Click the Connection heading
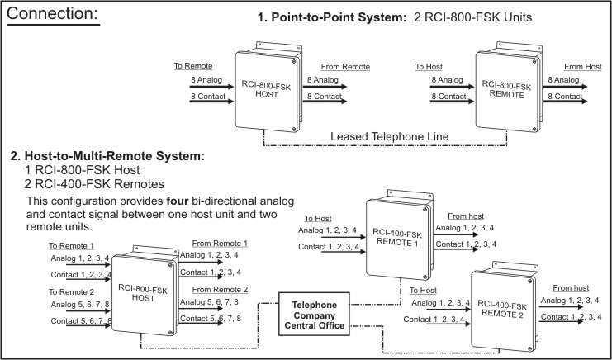tap(56, 15)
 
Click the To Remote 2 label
tap(71, 291)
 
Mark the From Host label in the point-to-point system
tap(582, 66)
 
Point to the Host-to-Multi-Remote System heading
tap(107, 155)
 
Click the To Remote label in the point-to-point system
tap(193, 65)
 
